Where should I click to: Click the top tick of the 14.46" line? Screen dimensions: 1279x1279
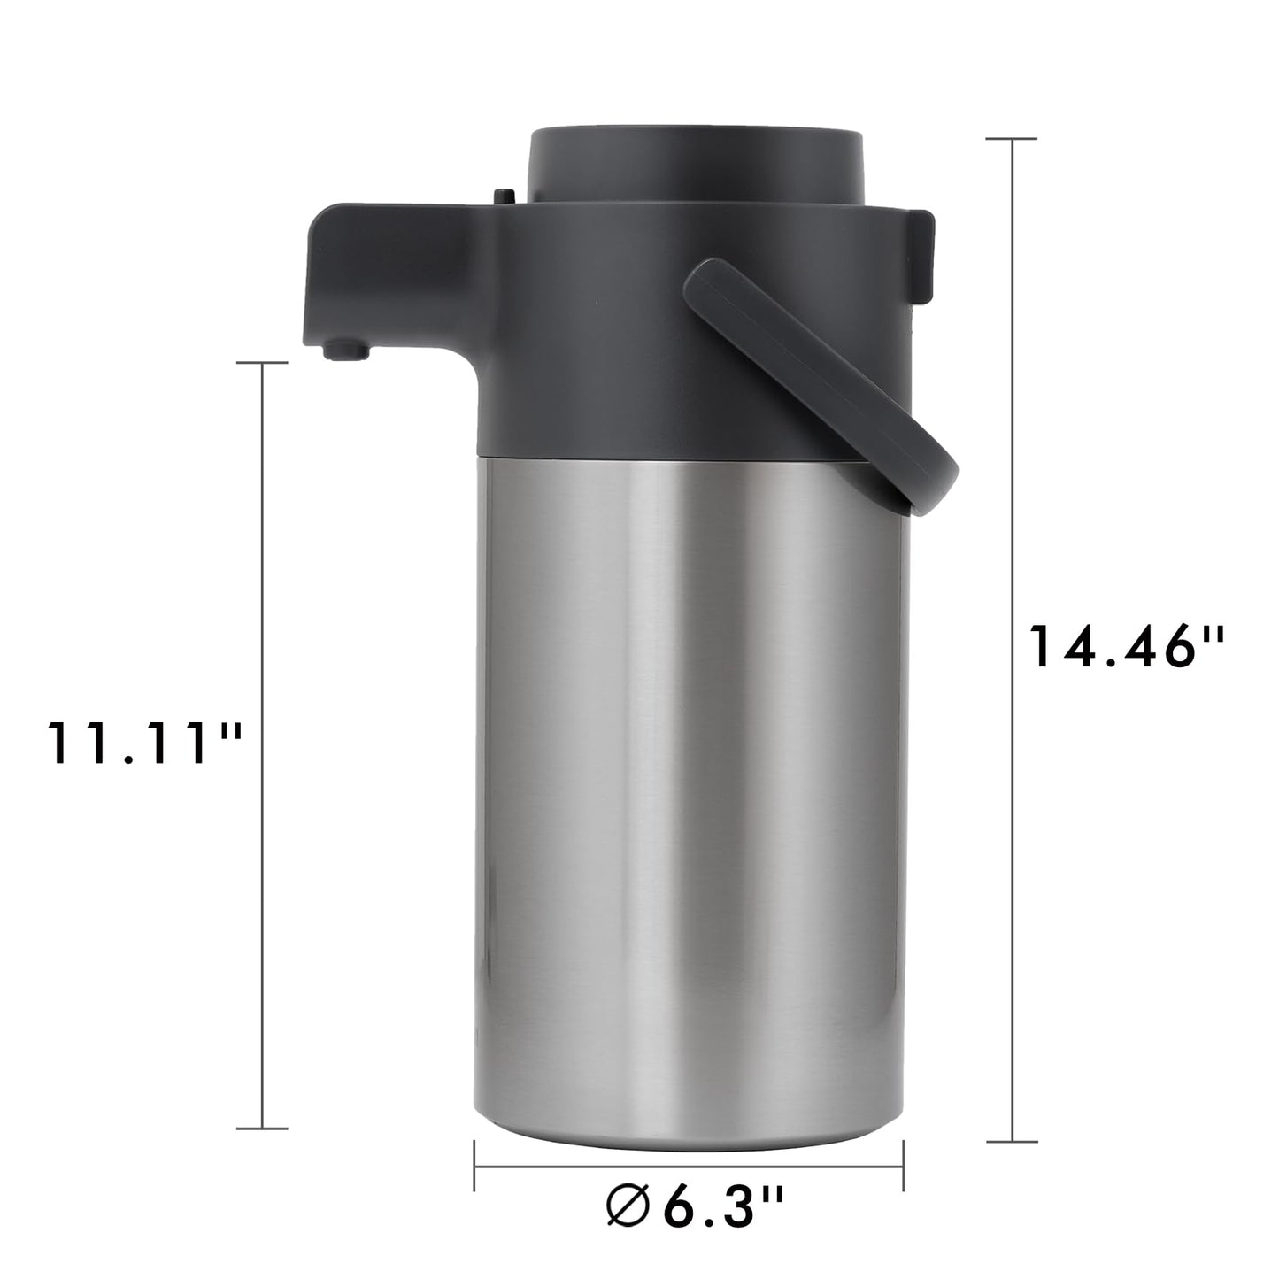pyautogui.click(x=1012, y=139)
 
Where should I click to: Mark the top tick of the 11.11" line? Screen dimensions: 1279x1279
pyautogui.click(x=263, y=363)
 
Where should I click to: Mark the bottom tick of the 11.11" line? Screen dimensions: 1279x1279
pyautogui.click(x=263, y=1128)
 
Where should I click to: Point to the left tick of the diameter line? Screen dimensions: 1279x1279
pyautogui.click(x=475, y=1166)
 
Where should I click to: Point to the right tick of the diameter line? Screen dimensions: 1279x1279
pyautogui.click(x=903, y=1166)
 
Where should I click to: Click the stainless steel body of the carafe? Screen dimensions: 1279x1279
pyautogui.click(x=690, y=797)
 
